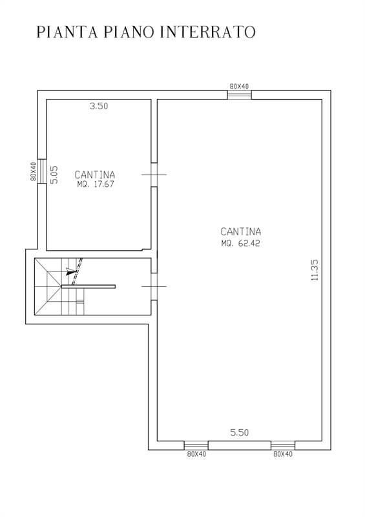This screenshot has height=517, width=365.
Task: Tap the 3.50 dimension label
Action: click(x=99, y=106)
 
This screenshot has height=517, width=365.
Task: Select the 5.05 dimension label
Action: click(x=54, y=174)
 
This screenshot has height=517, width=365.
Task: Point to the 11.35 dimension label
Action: click(x=315, y=269)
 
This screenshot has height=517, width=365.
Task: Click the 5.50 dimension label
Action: click(x=240, y=432)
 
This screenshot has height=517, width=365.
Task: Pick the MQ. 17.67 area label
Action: click(x=96, y=184)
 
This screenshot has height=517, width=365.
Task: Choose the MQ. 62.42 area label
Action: click(x=241, y=244)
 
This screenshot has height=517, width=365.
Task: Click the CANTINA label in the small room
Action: click(x=95, y=174)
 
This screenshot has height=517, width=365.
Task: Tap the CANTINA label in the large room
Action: click(x=241, y=231)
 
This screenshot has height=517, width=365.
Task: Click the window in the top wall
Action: click(x=240, y=94)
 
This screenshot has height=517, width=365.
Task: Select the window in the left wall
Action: click(x=42, y=171)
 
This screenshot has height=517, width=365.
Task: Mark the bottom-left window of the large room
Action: click(x=196, y=445)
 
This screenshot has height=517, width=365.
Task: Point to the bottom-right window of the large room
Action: click(x=283, y=445)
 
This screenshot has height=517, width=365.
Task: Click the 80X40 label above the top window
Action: click(x=240, y=87)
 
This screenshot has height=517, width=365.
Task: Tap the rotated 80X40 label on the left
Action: click(x=33, y=171)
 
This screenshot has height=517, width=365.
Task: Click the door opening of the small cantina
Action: click(x=154, y=174)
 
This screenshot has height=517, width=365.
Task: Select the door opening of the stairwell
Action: click(x=154, y=286)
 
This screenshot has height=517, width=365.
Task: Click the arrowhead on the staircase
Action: click(x=70, y=271)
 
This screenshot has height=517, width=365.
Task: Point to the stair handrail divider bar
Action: click(x=88, y=286)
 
